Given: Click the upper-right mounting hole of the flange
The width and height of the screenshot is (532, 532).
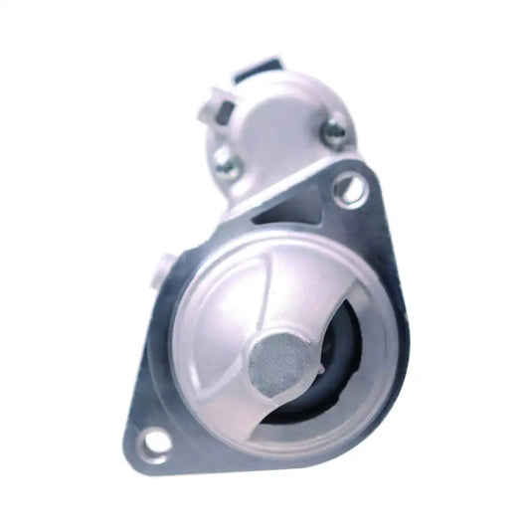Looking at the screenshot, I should point(349,187).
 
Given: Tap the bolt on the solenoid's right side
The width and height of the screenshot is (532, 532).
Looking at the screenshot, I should point(336,129).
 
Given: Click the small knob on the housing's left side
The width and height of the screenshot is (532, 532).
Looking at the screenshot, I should point(165,267).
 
